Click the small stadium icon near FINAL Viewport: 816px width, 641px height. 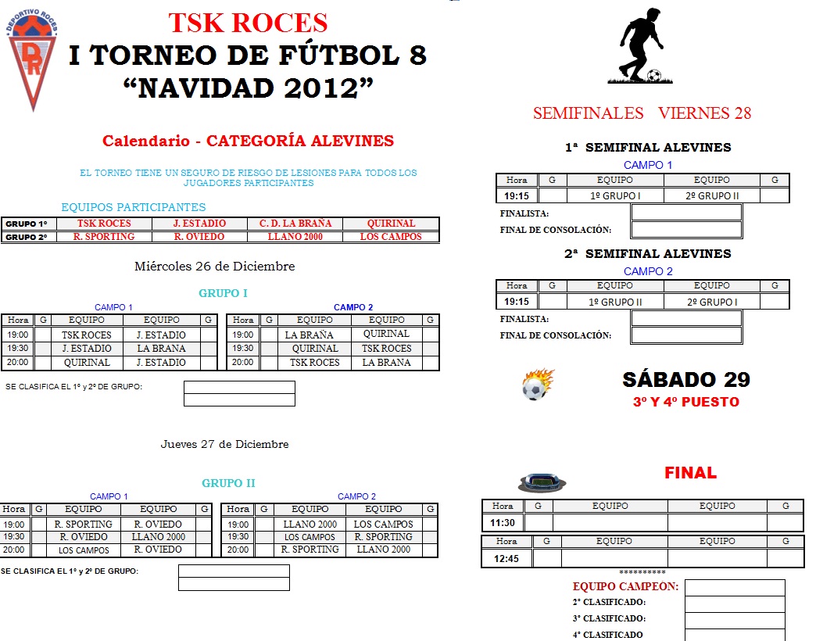[x=542, y=482]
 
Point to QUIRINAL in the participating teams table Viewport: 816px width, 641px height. [x=391, y=224]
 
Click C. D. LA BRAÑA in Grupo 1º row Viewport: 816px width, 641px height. [x=295, y=224]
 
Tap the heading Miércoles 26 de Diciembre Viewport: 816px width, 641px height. [x=214, y=267]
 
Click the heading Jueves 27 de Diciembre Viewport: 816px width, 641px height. [x=224, y=444]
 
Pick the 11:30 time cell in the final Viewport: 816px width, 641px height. [x=503, y=522]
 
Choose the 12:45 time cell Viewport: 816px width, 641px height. [x=506, y=558]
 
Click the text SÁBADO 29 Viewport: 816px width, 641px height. [x=686, y=380]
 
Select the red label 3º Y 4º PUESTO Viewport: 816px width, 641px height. [x=685, y=403]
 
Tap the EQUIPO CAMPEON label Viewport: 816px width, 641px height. [x=625, y=586]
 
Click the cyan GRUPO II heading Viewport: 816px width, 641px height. [x=228, y=483]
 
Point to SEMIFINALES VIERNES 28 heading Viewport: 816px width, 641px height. [x=642, y=113]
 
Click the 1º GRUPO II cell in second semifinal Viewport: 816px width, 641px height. [x=615, y=302]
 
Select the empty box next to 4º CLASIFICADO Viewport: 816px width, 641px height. [x=735, y=635]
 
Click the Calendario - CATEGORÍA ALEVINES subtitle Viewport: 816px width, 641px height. [x=248, y=141]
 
